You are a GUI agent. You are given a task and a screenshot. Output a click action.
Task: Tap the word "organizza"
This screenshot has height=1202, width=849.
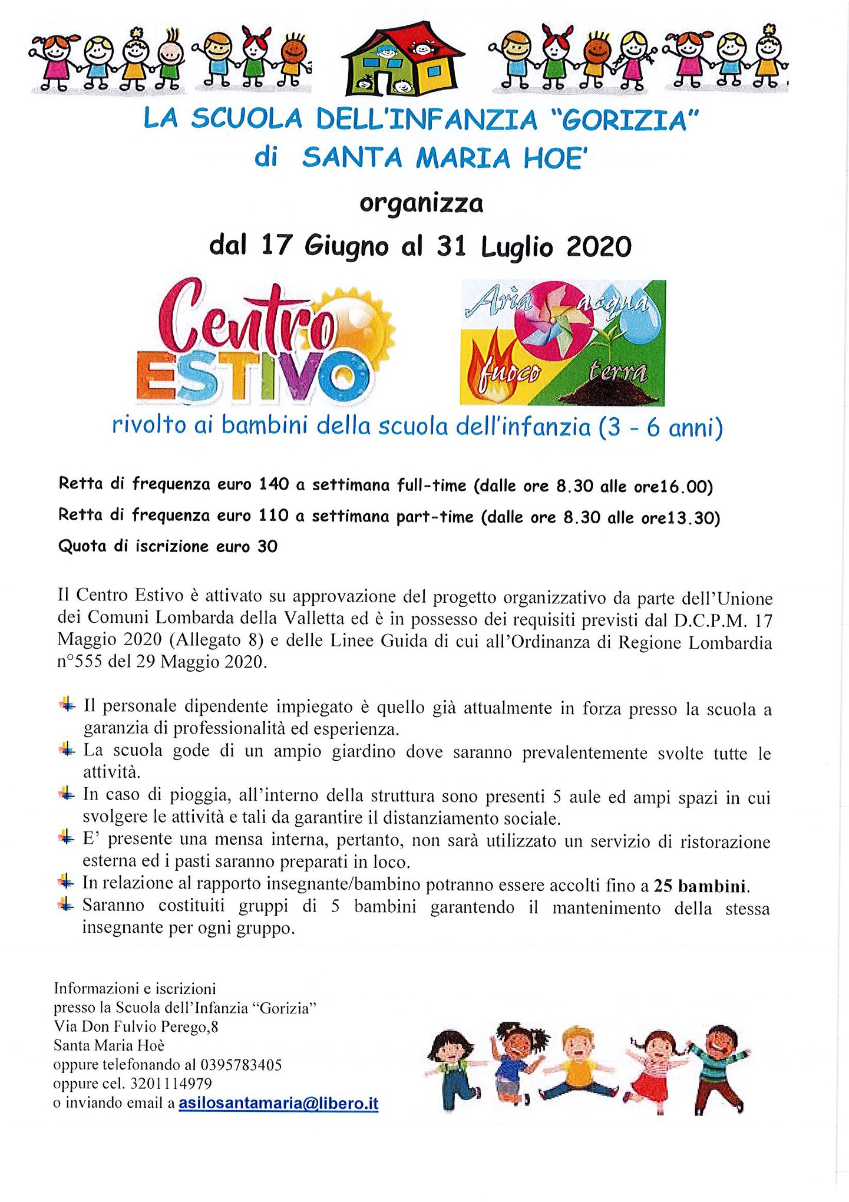point(421,203)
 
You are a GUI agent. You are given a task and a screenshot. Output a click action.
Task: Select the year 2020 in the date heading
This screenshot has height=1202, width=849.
point(599,247)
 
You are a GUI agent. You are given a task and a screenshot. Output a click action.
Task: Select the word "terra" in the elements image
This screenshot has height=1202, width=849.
point(617,372)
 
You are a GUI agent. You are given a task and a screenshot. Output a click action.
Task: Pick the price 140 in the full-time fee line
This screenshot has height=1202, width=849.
point(273,484)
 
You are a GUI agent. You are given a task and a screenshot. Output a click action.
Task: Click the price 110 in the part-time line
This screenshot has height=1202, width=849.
point(273,516)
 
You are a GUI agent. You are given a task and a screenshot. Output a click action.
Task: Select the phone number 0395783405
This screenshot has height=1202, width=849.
point(241,1065)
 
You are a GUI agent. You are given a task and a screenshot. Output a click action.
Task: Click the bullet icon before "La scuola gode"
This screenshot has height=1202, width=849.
point(67,750)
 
